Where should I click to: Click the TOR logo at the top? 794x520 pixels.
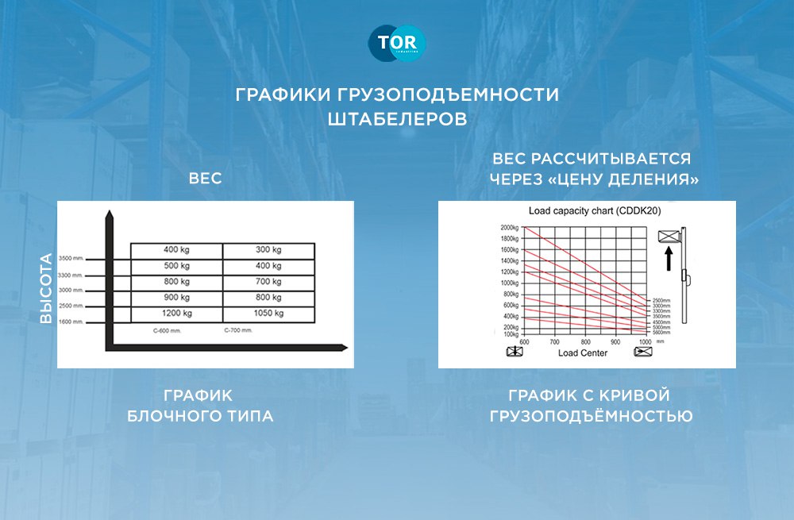click(x=397, y=44)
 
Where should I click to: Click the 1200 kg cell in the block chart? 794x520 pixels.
click(x=176, y=314)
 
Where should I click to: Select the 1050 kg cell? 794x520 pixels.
click(x=268, y=314)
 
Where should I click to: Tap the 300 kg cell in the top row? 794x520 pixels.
click(x=268, y=250)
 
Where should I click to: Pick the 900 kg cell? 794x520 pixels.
click(x=176, y=298)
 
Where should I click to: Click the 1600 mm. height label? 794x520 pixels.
click(x=77, y=322)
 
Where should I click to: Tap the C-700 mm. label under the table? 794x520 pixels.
click(x=237, y=329)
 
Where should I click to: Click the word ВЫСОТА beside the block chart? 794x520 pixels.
click(x=46, y=288)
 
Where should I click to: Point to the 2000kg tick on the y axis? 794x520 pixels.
click(x=508, y=228)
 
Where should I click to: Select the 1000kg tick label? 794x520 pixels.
click(x=508, y=283)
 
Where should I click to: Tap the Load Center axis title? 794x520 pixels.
click(x=583, y=352)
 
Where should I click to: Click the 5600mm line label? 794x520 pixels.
click(x=662, y=333)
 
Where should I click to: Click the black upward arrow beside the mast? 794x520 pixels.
click(x=669, y=257)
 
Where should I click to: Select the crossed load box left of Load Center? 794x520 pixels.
click(x=515, y=352)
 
